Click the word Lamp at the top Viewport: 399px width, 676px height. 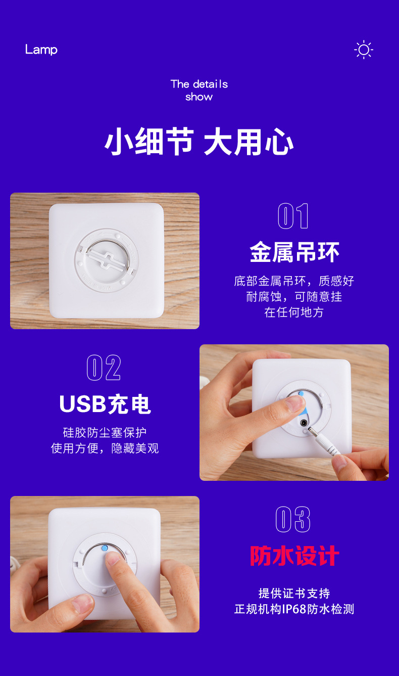click(41, 50)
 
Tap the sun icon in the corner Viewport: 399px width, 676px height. click(364, 50)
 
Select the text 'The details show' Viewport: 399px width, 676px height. click(199, 91)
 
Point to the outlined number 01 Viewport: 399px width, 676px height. click(293, 216)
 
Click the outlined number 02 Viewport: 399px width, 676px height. click(104, 368)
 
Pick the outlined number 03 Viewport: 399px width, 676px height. click(293, 519)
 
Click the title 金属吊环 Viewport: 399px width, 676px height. click(294, 252)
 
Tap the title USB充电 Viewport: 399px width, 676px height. click(105, 404)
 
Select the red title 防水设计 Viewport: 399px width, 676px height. click(294, 556)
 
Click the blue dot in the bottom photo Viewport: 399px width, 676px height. click(104, 548)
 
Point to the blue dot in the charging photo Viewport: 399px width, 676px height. click(301, 393)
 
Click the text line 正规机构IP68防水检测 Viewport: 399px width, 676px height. click(294, 609)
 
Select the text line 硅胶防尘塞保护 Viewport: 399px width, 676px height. click(105, 432)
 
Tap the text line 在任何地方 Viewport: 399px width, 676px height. click(294, 312)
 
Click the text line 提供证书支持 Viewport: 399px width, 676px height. click(294, 593)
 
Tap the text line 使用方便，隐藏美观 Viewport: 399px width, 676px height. click(105, 448)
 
